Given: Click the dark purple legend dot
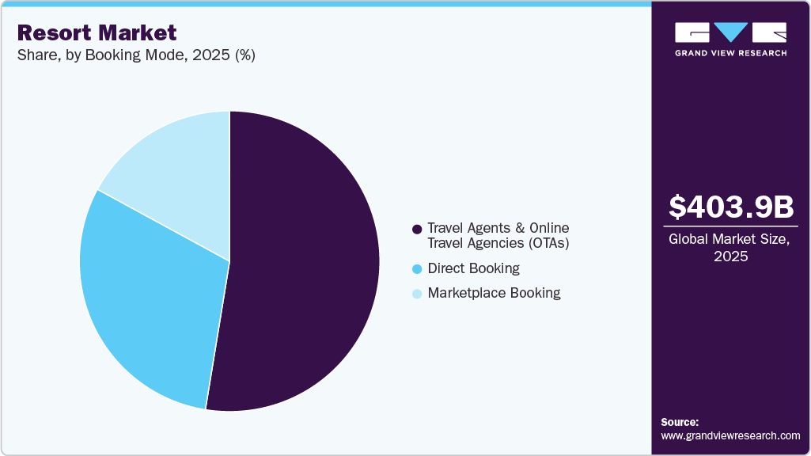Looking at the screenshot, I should (x=416, y=229).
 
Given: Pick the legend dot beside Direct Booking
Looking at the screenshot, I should (x=416, y=269).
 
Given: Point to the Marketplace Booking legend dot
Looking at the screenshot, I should (x=416, y=294).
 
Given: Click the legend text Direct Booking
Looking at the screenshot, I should (x=473, y=268).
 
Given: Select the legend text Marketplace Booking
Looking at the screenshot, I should (x=494, y=293).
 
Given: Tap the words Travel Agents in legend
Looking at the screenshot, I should (x=467, y=228).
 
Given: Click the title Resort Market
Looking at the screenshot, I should (x=97, y=33).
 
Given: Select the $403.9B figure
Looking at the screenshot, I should (x=730, y=207).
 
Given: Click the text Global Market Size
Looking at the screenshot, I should (x=730, y=240).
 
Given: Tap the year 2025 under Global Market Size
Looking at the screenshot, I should (x=730, y=257).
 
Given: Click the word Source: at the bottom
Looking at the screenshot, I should (x=680, y=422).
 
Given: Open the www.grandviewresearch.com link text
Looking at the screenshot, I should (x=730, y=435).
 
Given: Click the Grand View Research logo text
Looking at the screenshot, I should (x=730, y=53).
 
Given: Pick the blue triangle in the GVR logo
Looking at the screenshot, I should (x=730, y=32).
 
